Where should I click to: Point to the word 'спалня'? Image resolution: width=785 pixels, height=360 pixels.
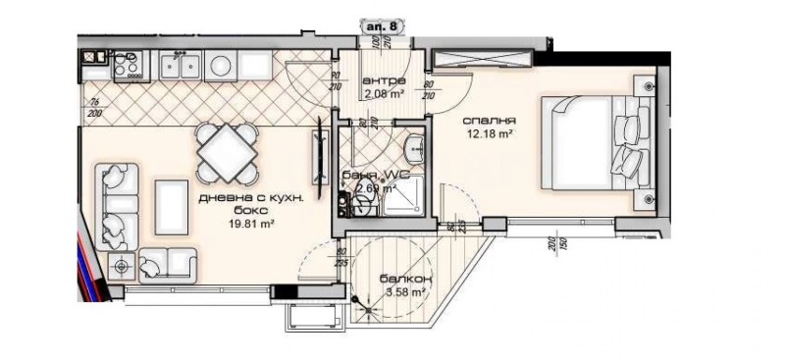[x=490, y=123]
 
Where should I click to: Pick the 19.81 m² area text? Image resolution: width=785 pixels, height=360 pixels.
[x=237, y=223]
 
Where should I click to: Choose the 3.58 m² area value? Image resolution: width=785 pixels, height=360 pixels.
[x=403, y=291]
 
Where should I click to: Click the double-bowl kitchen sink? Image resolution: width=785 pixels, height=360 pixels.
[x=183, y=66]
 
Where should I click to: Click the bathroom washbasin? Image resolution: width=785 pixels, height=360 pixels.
[x=413, y=148]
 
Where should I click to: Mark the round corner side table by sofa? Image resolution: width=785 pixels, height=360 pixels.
[x=123, y=263]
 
